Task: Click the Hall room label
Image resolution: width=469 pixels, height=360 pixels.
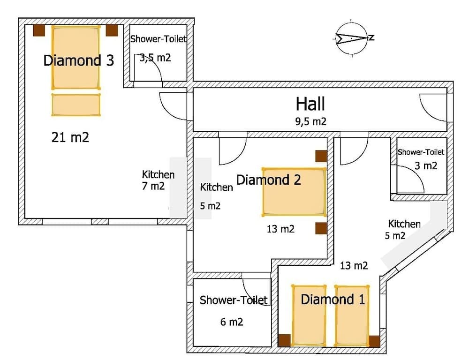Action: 310,104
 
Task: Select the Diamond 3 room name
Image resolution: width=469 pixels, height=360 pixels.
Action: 78,60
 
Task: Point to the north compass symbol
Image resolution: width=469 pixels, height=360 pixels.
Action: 352,38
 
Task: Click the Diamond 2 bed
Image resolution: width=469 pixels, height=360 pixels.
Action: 294,192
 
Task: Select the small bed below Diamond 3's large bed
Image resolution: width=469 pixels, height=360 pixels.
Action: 76,105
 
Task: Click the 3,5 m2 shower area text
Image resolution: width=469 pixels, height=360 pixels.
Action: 155,58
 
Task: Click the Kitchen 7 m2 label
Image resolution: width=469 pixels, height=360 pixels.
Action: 158,180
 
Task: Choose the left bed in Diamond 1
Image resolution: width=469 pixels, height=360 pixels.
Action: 309,315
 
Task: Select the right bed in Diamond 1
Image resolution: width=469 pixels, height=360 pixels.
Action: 351,315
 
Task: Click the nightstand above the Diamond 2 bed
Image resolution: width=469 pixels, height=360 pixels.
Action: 321,156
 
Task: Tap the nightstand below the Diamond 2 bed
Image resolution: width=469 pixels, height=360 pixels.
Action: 321,228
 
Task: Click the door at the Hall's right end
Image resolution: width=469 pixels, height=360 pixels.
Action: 432,106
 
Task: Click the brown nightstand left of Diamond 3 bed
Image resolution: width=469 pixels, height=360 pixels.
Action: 39,30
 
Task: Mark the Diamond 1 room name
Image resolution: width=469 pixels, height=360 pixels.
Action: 333,300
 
